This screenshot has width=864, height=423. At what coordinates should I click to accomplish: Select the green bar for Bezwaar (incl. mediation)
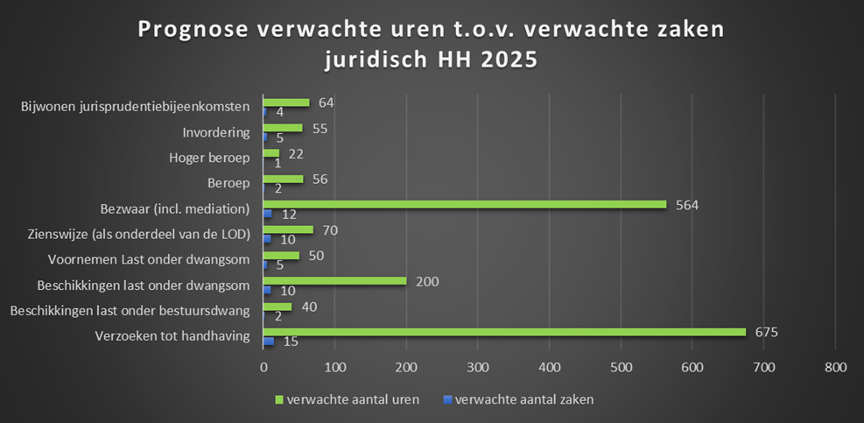coord(465,204)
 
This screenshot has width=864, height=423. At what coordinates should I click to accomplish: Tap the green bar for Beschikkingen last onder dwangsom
coord(334,281)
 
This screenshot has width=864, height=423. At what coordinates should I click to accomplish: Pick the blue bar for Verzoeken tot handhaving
coord(269,341)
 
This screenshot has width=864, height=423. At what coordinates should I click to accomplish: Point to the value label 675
coord(767,332)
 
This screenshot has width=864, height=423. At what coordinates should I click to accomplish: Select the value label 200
coord(427,281)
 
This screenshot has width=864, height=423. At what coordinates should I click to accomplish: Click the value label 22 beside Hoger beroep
coord(295,153)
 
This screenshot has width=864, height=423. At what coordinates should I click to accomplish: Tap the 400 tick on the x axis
coord(549,368)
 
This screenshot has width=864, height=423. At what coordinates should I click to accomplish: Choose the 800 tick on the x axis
coord(835,368)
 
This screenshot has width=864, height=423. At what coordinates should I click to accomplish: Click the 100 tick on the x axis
coord(334,368)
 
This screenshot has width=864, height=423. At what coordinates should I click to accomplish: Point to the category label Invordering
coord(216,133)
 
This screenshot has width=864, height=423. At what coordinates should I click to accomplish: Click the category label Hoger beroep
coord(209,159)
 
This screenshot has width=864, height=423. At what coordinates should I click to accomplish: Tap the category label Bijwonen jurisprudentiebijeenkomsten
coord(136,108)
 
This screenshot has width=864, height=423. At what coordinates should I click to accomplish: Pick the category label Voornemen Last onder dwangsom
coord(148,260)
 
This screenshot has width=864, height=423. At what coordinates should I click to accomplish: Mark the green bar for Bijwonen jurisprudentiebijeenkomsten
coord(286,102)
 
